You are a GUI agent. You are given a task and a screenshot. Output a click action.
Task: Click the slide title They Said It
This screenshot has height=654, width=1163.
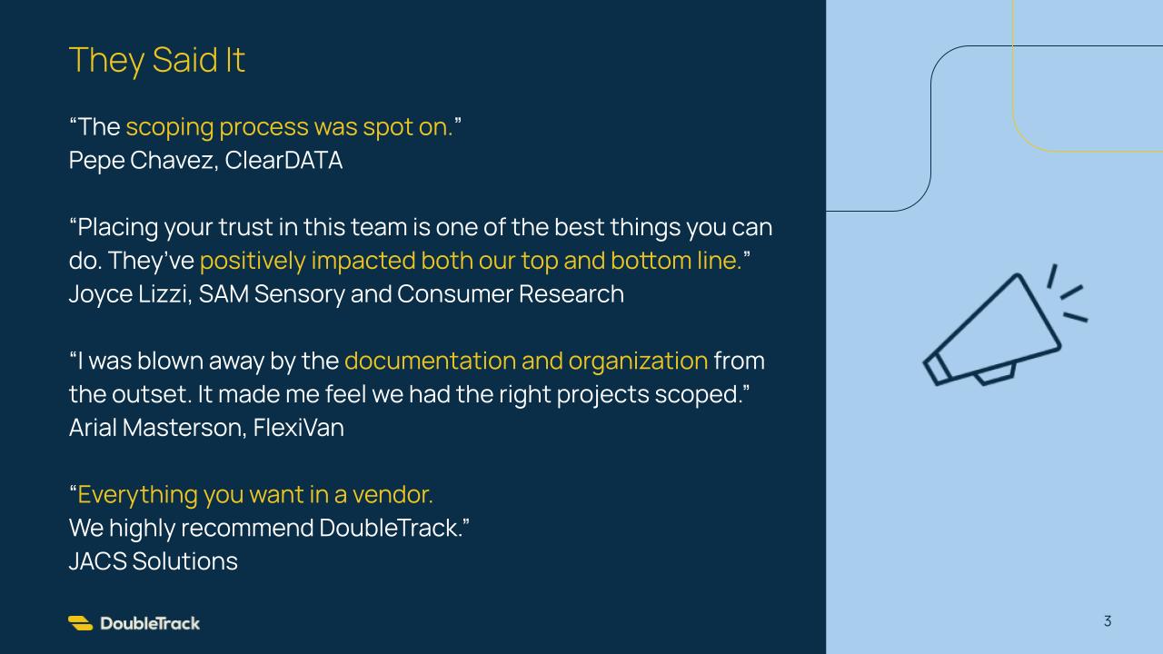point(157,60)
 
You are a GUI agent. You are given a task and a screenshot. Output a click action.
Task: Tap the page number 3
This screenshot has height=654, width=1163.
point(1108,621)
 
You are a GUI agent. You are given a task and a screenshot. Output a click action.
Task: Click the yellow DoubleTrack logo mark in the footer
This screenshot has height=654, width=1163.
point(81,623)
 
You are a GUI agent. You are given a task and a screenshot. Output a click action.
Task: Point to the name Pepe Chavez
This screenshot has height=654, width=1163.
point(141,161)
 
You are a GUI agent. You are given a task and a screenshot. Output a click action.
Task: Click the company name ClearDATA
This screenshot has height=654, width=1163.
point(283,161)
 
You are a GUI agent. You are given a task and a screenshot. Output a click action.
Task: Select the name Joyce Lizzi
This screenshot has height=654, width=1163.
point(130,294)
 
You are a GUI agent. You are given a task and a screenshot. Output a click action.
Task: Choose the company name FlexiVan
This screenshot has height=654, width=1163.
point(299,428)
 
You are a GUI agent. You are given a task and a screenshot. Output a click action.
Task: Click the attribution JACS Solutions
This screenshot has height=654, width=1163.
point(154,561)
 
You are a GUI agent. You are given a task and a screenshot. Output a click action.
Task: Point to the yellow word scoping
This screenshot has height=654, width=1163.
point(169,128)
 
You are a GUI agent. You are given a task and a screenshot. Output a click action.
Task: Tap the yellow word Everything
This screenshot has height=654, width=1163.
point(137,495)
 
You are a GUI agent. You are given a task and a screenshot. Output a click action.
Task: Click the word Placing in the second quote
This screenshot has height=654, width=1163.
point(117,228)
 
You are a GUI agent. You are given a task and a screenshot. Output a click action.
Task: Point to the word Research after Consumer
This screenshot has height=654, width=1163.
point(572,294)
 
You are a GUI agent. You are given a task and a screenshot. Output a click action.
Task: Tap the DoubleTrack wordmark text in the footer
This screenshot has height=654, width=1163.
point(150,623)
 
